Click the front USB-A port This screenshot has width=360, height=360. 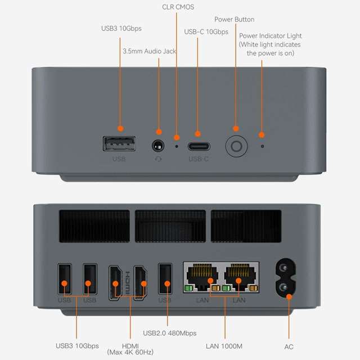click(x=119, y=145)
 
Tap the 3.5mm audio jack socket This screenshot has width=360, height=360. click(x=159, y=146)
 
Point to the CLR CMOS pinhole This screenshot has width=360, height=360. click(x=177, y=146)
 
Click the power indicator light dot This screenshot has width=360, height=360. click(x=262, y=146)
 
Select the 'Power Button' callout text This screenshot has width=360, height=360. click(x=234, y=20)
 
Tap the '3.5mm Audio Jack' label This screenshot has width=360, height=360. click(x=149, y=51)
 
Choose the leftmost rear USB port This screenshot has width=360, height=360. click(x=65, y=278)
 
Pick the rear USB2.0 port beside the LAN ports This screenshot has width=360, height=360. click(x=165, y=278)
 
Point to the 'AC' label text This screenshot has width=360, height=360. click(x=289, y=346)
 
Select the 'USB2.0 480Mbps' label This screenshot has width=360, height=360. click(x=170, y=333)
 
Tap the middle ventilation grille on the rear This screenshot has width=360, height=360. click(x=170, y=227)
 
